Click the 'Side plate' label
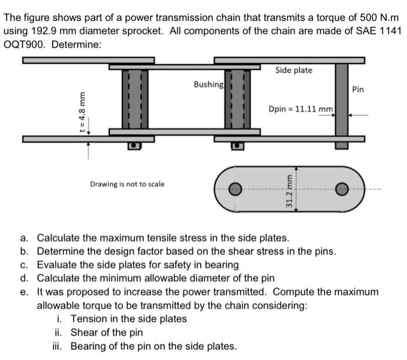294,70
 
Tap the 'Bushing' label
208,84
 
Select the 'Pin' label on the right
358,90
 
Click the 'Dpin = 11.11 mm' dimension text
300,109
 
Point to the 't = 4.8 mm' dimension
83,113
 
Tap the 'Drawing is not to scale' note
127,184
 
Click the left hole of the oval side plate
235,188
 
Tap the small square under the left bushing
135,145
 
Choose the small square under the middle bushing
237,145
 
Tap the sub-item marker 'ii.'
59,333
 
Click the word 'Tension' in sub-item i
89,319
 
